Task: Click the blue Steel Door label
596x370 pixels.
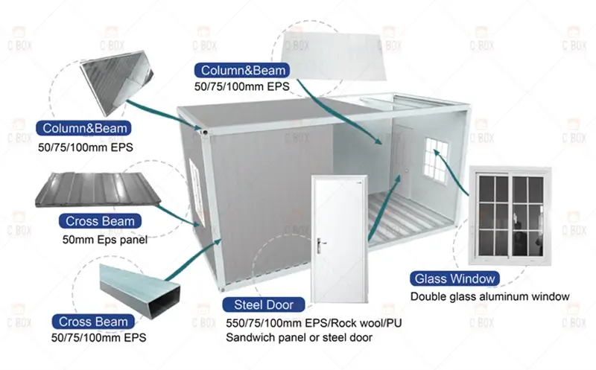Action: pos(259,304)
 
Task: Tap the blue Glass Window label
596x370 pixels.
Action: pos(454,279)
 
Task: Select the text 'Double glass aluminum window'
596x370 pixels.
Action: pos(490,296)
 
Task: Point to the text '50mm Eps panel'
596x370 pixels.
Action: pos(105,240)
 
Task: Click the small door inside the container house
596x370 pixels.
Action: pos(401,161)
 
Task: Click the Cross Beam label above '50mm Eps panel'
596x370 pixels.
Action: pos(100,221)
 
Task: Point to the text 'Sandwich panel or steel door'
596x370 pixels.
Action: pos(299,337)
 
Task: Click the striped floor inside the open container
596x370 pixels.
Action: pos(402,216)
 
